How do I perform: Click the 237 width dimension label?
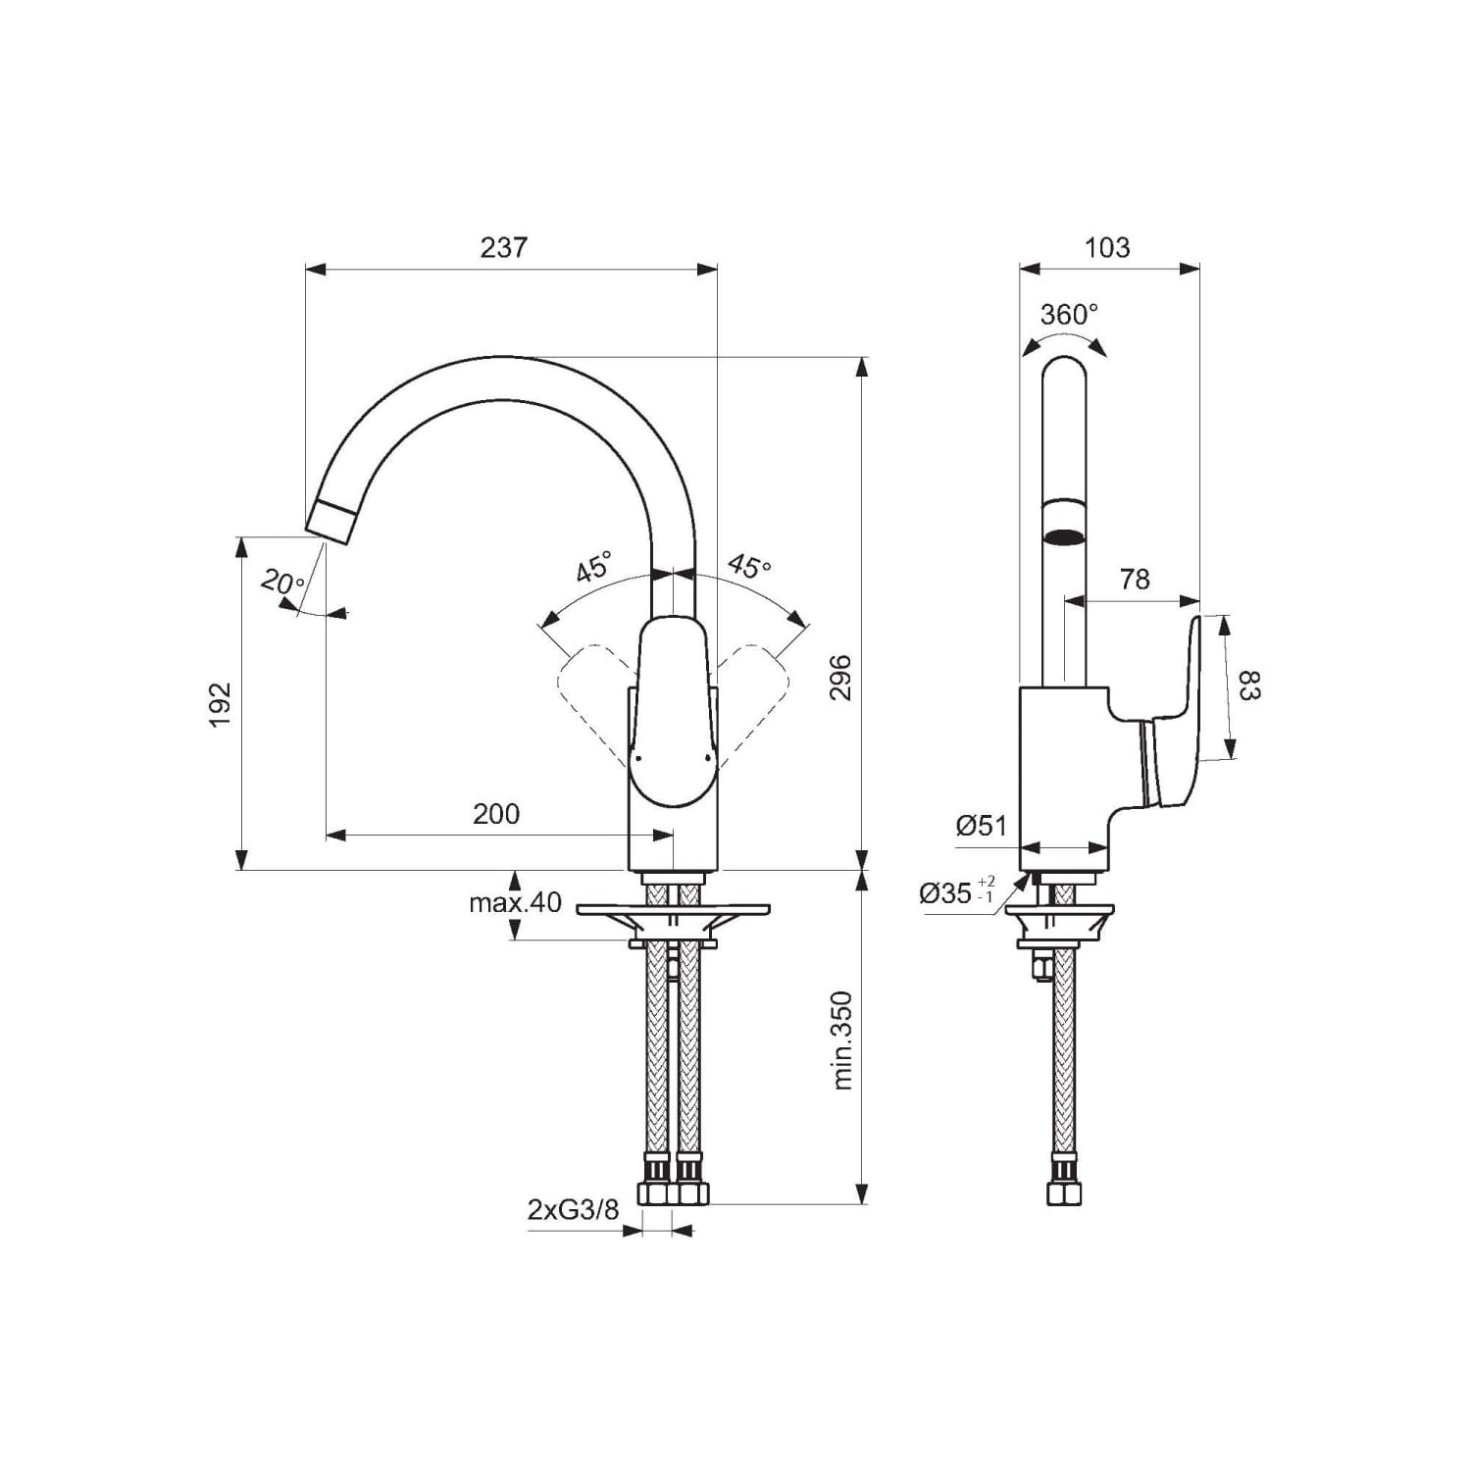pyautogui.click(x=503, y=247)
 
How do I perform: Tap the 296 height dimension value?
pyautogui.click(x=841, y=677)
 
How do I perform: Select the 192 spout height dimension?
pyautogui.click(x=220, y=704)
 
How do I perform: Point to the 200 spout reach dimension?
pyautogui.click(x=496, y=814)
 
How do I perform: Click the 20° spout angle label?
pyautogui.click(x=283, y=583)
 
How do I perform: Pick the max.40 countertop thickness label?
pyautogui.click(x=515, y=902)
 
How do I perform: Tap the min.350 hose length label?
pyautogui.click(x=841, y=1040)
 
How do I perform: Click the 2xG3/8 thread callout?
pyautogui.click(x=574, y=1210)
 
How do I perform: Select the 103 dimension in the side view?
pyautogui.click(x=1107, y=247)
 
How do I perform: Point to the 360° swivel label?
pyautogui.click(x=1069, y=314)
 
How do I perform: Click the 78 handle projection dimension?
pyautogui.click(x=1135, y=580)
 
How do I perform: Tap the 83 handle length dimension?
pyautogui.click(x=1248, y=685)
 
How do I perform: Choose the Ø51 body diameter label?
pyautogui.click(x=982, y=826)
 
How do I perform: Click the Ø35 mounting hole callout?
pyautogui.click(x=957, y=891)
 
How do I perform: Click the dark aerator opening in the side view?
pyautogui.click(x=1065, y=536)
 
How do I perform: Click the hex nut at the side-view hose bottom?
pyautogui.click(x=1065, y=1193)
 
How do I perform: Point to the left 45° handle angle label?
pyautogui.click(x=592, y=567)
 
